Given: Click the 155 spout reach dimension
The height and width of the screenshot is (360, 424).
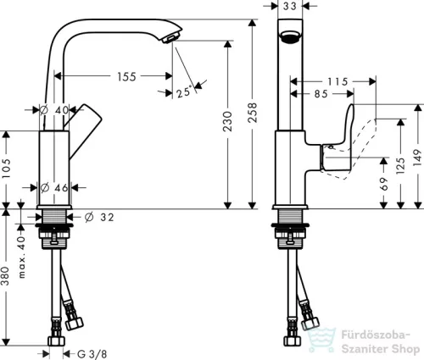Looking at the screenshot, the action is pos(126,76).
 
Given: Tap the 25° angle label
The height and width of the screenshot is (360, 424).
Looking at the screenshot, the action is pos(184,91).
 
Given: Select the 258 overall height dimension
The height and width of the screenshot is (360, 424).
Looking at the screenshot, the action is pos(252,113).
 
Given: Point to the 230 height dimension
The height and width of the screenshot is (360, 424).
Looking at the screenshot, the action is pos(227,121).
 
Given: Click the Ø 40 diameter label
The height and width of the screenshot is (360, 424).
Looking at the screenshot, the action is pos(54,110).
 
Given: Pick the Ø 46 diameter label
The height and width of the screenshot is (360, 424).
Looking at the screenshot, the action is pos(54,187).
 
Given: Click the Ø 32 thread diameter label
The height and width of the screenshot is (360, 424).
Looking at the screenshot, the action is pos(99,217).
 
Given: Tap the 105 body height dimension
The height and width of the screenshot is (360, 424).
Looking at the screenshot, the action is pos(6,169).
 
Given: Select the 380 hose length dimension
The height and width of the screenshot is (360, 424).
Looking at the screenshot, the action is pos(6,276).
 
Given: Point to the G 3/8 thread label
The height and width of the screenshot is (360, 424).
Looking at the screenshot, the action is pos(92,354).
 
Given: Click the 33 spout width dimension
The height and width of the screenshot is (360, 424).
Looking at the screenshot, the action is pos(290,6).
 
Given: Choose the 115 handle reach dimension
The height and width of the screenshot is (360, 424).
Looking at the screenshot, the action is pos(338,82).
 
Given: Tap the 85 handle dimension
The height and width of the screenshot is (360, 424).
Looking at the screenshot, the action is pos(321,94).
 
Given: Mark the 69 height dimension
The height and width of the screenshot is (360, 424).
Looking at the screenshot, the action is pos(384,184).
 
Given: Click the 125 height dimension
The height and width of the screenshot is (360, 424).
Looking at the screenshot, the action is pos(400,166).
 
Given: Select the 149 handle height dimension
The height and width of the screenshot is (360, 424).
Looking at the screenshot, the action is pos(418,158).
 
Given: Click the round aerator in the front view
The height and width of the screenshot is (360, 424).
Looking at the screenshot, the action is pos(290,36).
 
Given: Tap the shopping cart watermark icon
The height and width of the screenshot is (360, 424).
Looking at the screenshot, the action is pos(321,340).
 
